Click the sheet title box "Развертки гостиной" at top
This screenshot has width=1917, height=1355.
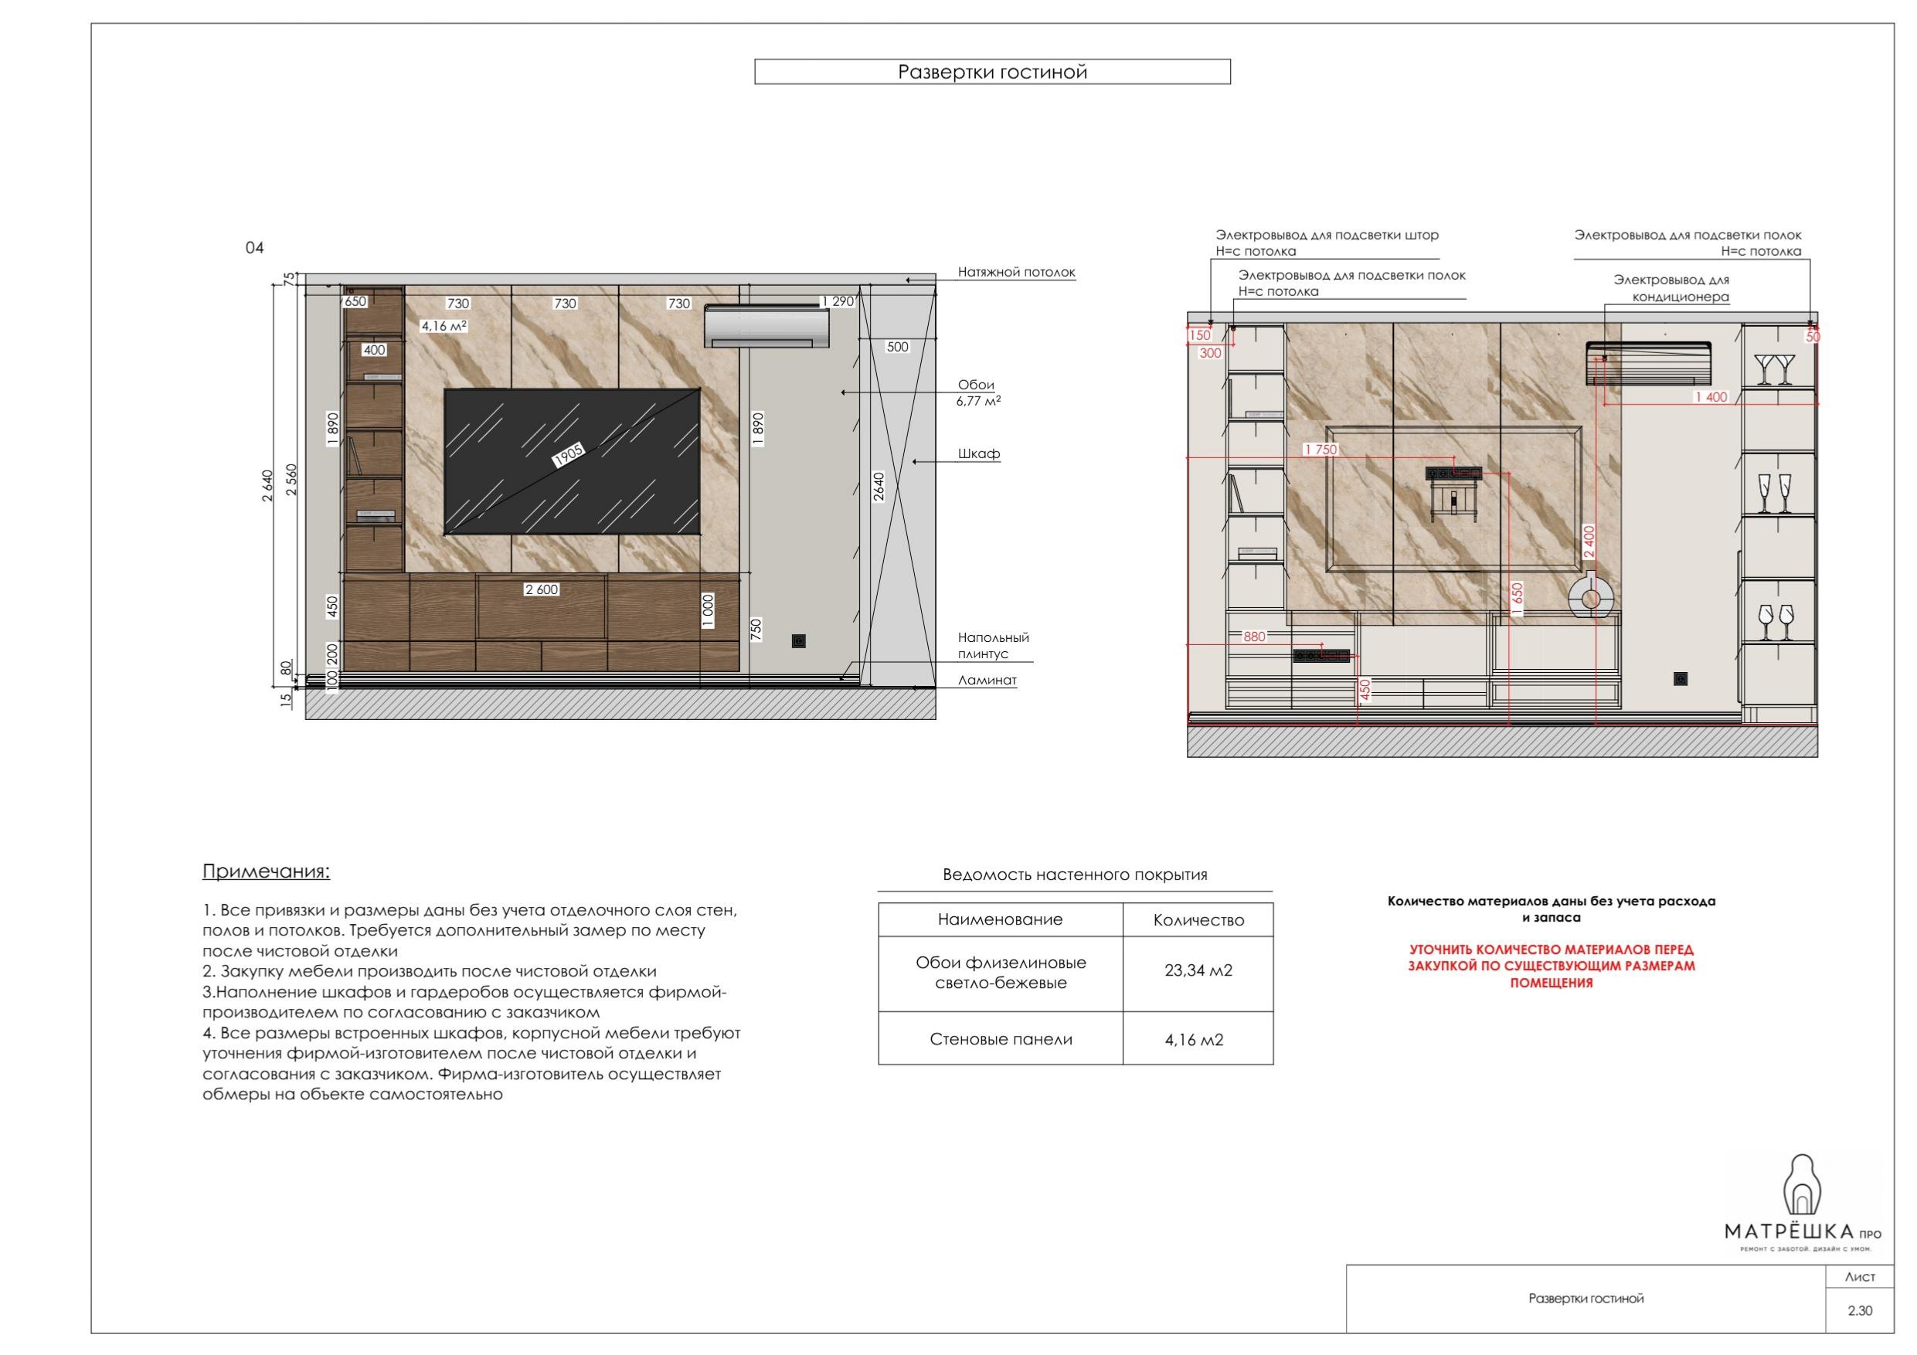(992, 72)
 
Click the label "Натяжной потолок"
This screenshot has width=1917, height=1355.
(1016, 272)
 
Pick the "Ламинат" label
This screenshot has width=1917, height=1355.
(987, 681)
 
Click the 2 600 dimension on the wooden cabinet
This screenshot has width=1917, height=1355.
(541, 589)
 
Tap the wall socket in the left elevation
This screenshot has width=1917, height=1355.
(799, 641)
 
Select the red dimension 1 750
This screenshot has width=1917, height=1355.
(1320, 449)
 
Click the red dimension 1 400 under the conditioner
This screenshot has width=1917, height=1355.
(1710, 397)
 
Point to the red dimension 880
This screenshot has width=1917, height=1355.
(1254, 637)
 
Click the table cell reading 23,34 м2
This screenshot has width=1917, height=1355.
(1198, 971)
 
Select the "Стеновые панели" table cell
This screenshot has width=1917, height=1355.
(1001, 1039)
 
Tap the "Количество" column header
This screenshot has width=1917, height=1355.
(1198, 920)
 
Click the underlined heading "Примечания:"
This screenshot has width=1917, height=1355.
(267, 872)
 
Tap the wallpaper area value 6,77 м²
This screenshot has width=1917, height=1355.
(978, 401)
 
